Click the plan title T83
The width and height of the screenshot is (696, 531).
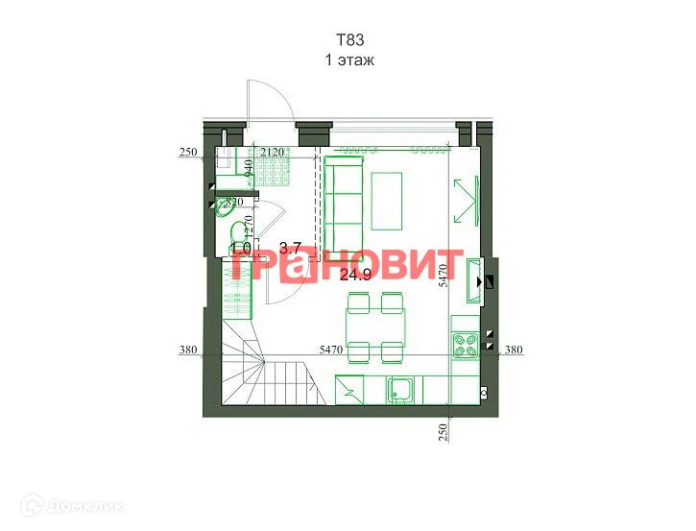349,40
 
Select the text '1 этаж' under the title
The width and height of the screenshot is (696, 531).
349,60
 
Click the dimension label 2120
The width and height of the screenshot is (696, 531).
272,153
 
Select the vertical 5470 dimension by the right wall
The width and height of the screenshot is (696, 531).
444,276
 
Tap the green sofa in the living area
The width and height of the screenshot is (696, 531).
341,204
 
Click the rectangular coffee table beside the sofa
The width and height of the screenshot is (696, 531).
388,201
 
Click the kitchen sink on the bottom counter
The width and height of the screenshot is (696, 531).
399,390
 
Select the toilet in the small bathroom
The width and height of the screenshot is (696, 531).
237,233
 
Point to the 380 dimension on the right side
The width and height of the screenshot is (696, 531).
516,350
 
